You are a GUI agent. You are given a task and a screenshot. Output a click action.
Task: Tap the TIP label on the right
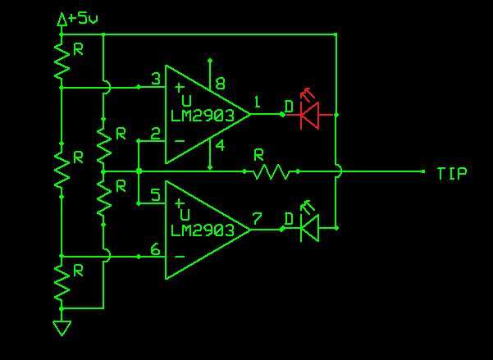(452, 173)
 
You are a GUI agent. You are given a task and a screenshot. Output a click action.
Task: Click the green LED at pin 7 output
(310, 230)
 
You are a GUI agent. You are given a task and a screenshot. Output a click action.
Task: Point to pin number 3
(155, 79)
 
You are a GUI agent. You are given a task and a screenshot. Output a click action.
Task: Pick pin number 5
(155, 194)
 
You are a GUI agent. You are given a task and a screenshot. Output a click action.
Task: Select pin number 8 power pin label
(219, 83)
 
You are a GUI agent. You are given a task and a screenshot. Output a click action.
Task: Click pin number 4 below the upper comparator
(219, 146)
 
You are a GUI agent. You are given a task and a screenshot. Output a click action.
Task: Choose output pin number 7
(258, 219)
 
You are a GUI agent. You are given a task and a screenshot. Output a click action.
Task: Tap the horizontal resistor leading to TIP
(272, 172)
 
